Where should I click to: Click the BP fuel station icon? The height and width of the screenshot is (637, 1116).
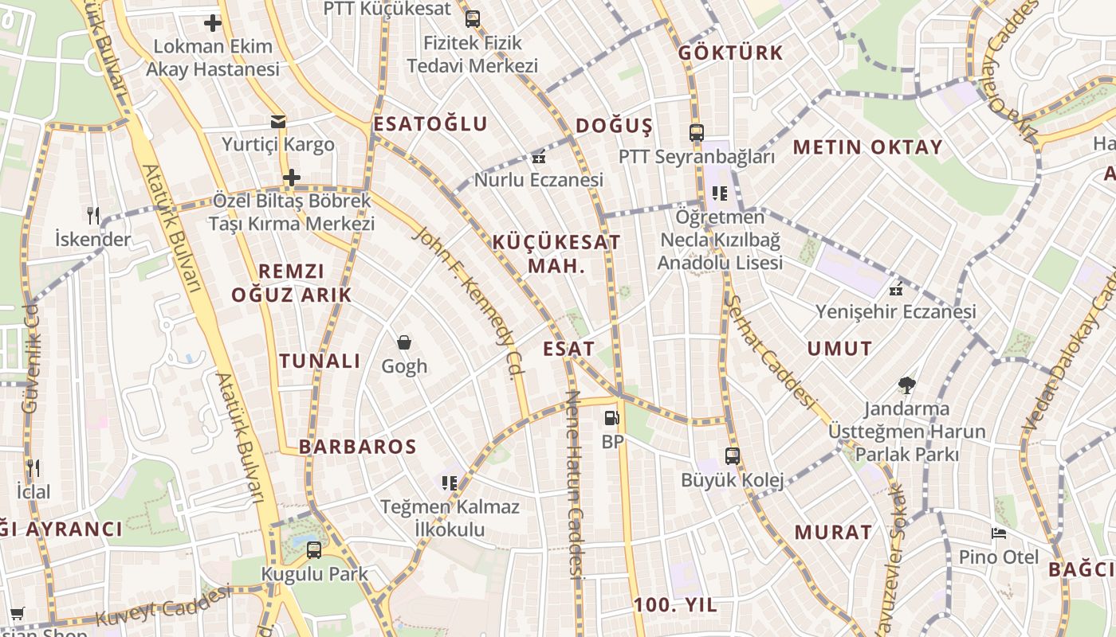pyautogui.click(x=611, y=417)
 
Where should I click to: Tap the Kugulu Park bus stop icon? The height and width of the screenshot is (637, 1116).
pyautogui.click(x=314, y=550)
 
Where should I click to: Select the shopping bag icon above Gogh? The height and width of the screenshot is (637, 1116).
pyautogui.click(x=404, y=342)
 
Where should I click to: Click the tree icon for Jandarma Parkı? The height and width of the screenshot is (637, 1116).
pyautogui.click(x=906, y=386)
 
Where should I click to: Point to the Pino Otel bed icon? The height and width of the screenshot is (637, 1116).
pyautogui.click(x=999, y=533)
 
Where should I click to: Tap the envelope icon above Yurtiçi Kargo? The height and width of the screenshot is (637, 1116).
pyautogui.click(x=277, y=122)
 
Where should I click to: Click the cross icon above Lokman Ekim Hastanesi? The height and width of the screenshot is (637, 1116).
pyautogui.click(x=213, y=23)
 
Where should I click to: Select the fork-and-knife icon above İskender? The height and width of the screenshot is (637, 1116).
pyautogui.click(x=93, y=215)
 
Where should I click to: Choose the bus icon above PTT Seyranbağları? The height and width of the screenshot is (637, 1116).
pyautogui.click(x=697, y=133)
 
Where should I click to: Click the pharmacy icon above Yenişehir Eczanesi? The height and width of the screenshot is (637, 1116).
pyautogui.click(x=896, y=288)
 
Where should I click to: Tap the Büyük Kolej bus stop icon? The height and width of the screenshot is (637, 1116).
pyautogui.click(x=733, y=456)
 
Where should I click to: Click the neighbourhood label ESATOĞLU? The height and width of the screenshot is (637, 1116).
pyautogui.click(x=430, y=124)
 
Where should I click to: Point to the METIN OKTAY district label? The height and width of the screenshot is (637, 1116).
pyautogui.click(x=868, y=147)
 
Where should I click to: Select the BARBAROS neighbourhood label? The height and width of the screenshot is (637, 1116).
pyautogui.click(x=358, y=447)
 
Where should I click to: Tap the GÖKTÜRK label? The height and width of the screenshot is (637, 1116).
pyautogui.click(x=731, y=53)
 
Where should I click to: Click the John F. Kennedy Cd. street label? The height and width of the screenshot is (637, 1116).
pyautogui.click(x=470, y=303)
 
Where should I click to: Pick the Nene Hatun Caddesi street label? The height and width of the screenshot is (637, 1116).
pyautogui.click(x=573, y=484)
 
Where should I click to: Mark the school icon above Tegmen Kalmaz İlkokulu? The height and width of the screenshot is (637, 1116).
pyautogui.click(x=450, y=483)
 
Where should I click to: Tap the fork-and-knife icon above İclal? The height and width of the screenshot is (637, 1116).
pyautogui.click(x=33, y=467)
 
